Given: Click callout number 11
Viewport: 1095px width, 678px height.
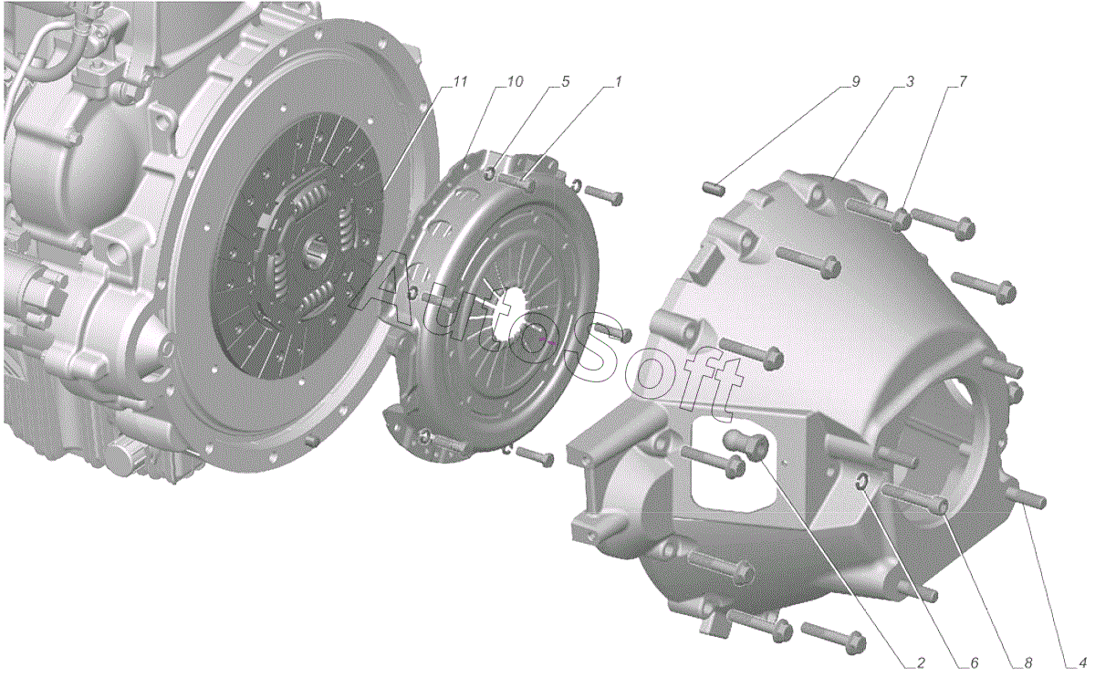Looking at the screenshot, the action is tap(460, 81).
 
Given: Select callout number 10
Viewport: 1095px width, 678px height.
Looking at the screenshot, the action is tap(515, 81).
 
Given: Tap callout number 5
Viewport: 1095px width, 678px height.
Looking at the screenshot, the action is tap(566, 81).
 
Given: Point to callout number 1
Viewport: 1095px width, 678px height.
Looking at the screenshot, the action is tap(618, 81).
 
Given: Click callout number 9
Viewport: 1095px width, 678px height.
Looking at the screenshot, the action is tap(856, 81).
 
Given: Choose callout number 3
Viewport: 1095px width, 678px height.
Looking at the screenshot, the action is tap(909, 81).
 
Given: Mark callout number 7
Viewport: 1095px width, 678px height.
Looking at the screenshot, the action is tap(962, 81).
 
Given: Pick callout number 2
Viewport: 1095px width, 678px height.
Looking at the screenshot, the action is tap(921, 662).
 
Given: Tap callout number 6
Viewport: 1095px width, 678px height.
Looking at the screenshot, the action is tap(975, 662).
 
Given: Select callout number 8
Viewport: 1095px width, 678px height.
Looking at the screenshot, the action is tap(1027, 662).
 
